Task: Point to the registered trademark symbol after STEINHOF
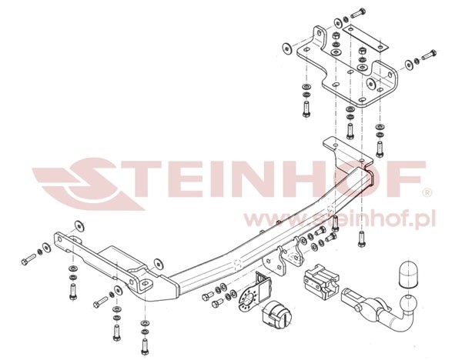(x=427, y=193)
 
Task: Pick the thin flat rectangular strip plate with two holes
(x=365, y=38)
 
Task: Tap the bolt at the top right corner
(x=358, y=13)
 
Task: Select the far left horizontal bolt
(x=28, y=260)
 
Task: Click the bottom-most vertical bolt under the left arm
(x=145, y=347)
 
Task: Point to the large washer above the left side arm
(x=79, y=225)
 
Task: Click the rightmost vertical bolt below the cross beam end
(x=362, y=239)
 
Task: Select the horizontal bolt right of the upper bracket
(x=429, y=55)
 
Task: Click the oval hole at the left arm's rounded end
(x=145, y=284)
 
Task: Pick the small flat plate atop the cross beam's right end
(x=348, y=149)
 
